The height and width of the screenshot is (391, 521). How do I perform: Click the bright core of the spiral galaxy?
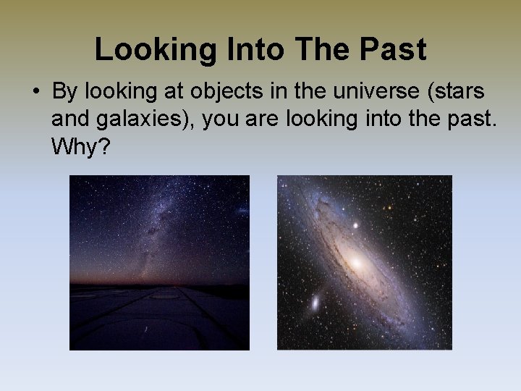(357, 262)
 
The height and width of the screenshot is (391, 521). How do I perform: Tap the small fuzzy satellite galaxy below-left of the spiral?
(315, 301)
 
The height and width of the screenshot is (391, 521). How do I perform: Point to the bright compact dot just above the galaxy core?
(355, 226)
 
